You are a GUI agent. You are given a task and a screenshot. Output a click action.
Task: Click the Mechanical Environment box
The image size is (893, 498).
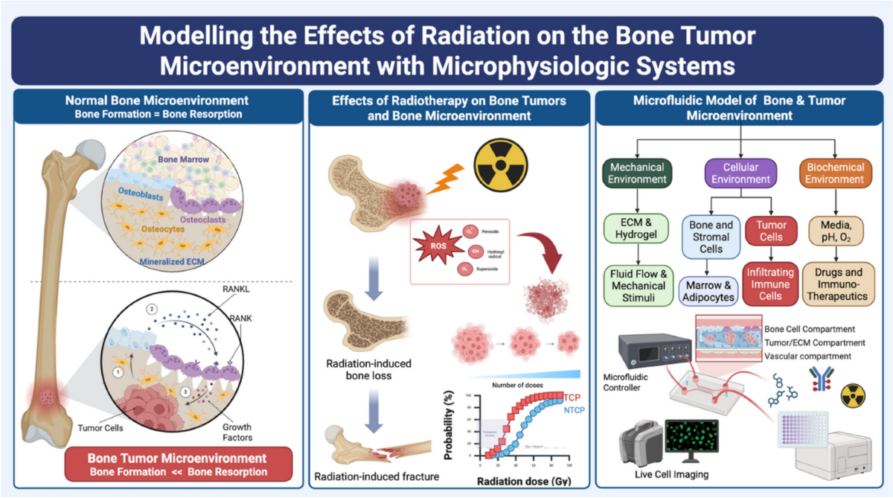click(x=633, y=173)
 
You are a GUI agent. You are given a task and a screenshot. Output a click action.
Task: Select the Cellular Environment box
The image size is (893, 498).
click(x=740, y=173)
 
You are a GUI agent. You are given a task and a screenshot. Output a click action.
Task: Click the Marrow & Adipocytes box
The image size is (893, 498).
click(x=708, y=291)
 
